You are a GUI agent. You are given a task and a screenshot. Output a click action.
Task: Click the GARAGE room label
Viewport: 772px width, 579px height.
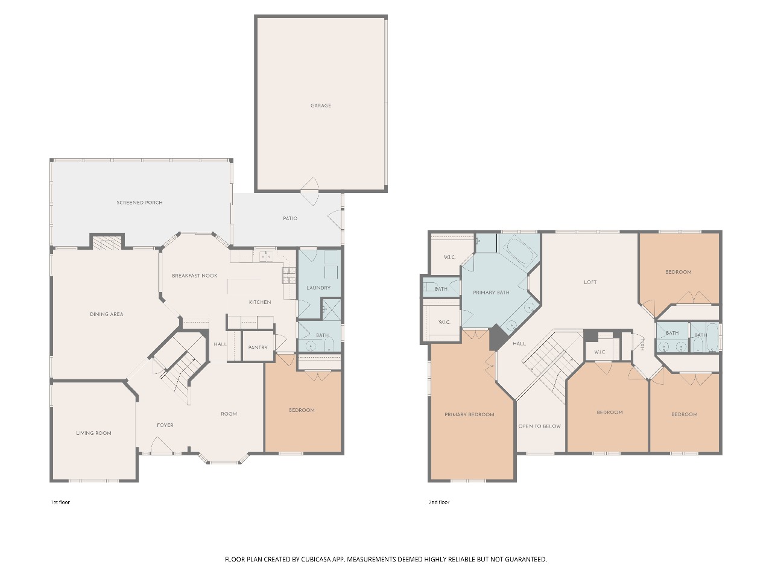pyautogui.click(x=321, y=106)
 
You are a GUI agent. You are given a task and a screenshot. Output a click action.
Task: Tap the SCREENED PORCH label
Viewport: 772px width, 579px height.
pyautogui.click(x=140, y=203)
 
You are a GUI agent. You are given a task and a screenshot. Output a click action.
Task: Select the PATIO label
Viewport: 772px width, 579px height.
pyautogui.click(x=290, y=218)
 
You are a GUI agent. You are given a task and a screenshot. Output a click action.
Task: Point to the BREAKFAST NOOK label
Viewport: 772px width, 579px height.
pyautogui.click(x=194, y=276)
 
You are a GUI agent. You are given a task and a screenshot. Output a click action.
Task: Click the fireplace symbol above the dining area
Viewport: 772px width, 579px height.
pyautogui.click(x=107, y=242)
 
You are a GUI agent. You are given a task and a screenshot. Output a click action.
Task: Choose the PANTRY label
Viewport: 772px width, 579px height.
pyautogui.click(x=258, y=347)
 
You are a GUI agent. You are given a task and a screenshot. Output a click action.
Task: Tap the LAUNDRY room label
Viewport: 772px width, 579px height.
pyautogui.click(x=318, y=288)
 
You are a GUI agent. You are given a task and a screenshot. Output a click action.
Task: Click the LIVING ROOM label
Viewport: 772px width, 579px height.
pyautogui.click(x=93, y=433)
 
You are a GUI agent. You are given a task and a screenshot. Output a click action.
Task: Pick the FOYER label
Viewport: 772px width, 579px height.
pyautogui.click(x=165, y=425)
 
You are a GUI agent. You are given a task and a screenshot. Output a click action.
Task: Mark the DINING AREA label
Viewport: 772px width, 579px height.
pyautogui.click(x=107, y=314)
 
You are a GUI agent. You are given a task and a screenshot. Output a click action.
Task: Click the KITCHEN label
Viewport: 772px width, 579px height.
pyautogui.click(x=260, y=302)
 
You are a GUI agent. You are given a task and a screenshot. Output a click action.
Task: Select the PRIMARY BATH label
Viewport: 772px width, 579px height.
pyautogui.click(x=491, y=293)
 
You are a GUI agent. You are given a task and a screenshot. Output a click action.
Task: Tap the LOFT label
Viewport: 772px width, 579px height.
pyautogui.click(x=590, y=282)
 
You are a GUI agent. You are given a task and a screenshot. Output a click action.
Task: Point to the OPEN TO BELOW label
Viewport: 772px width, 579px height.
pyautogui.click(x=540, y=426)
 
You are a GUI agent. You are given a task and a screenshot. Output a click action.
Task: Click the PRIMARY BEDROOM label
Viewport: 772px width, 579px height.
pyautogui.click(x=469, y=414)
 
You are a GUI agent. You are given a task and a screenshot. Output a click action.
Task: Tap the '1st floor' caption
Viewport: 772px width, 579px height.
pyautogui.click(x=60, y=502)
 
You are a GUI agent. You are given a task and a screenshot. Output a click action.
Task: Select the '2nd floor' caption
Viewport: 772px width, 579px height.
pyautogui.click(x=439, y=502)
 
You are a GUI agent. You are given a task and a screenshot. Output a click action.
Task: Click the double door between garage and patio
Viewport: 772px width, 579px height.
pyautogui.click(x=309, y=191)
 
